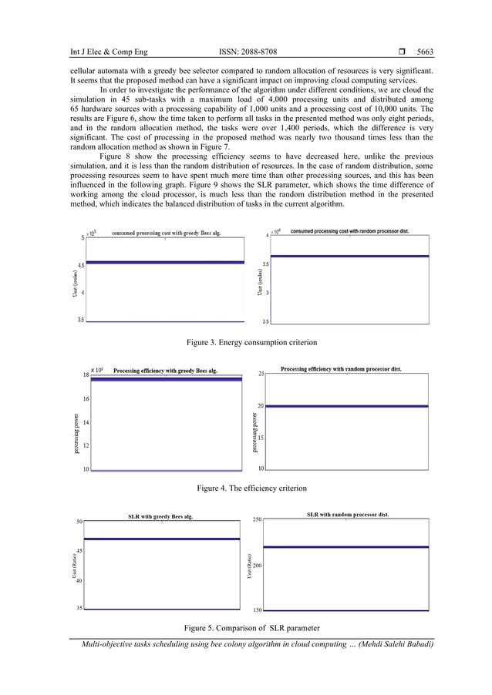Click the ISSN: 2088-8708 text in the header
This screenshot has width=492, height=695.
[x=248, y=52]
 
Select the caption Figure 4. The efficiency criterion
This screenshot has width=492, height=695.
[x=251, y=488]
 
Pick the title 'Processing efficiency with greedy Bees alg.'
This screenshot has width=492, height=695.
[x=165, y=371]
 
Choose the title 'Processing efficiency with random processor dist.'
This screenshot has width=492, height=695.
[x=341, y=369]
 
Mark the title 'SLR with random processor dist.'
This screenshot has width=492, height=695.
[x=348, y=514]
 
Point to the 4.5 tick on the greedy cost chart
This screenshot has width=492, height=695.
[x=80, y=265]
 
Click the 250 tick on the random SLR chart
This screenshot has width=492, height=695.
[x=257, y=520]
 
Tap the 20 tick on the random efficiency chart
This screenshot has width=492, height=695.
[x=260, y=405]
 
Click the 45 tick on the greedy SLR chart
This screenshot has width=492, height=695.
[x=79, y=551]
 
